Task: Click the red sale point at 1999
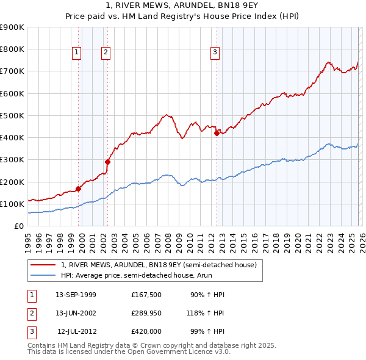[x=78, y=189]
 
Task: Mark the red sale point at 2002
[x=107, y=162]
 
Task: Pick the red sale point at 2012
[x=217, y=134]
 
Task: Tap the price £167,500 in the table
[x=146, y=295]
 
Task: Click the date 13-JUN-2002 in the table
[x=76, y=313]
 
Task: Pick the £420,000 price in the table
[x=146, y=331]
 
